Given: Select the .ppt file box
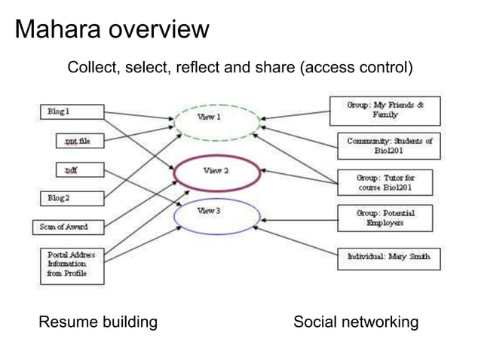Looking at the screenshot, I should pos(78,141).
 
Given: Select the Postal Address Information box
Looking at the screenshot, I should pos(72,264).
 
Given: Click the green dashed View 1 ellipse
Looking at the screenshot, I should pos(215,121).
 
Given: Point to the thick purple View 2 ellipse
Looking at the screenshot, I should pos(215,174).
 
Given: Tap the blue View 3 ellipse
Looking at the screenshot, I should pos(215,215).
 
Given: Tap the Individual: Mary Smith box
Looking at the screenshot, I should pos(388,258).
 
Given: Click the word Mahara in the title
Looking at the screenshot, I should pos(57,30).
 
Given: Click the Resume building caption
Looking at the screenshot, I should pos(98,323).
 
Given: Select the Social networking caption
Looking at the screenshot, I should pos(355,323).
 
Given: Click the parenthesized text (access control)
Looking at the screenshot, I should pos(357,69).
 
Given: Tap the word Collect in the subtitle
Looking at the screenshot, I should pos(91,69).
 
